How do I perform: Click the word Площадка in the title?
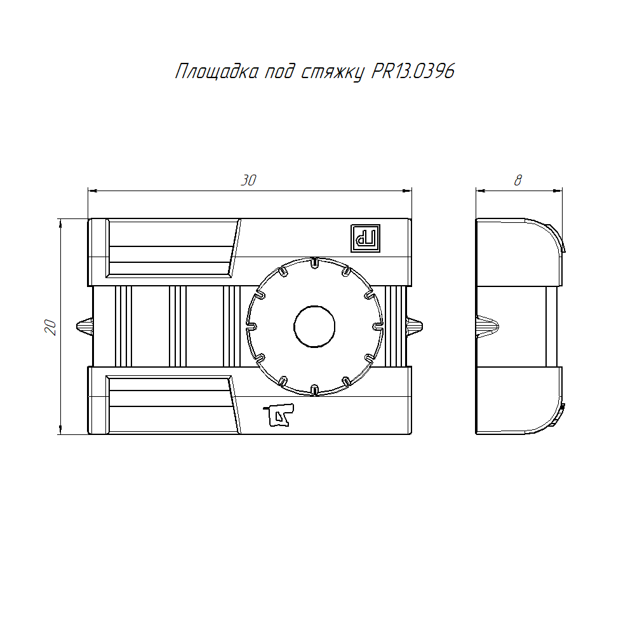[215, 72]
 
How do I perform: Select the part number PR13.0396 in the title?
[413, 71]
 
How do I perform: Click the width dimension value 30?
[248, 180]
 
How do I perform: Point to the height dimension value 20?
[51, 327]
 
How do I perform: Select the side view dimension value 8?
[518, 180]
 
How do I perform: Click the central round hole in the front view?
[314, 326]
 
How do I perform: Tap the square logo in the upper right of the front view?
[366, 238]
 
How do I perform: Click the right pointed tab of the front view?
[415, 326]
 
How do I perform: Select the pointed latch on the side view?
[486, 326]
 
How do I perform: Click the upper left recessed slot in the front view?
[171, 248]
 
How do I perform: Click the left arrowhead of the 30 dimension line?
[91, 190]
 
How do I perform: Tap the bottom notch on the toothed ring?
[314, 388]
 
